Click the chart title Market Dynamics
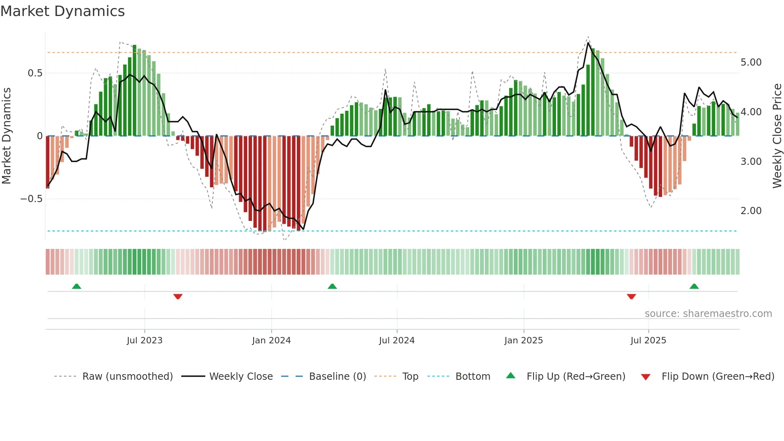[62, 11]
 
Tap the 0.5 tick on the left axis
[35, 73]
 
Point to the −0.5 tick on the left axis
[31, 199]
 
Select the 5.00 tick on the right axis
[751, 62]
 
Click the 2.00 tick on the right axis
[751, 211]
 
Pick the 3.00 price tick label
[751, 162]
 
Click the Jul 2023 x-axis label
[144, 341]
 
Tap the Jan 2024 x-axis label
[271, 341]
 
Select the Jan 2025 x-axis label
[523, 341]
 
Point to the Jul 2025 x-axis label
[648, 341]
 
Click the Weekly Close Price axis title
[777, 136]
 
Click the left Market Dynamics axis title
[6, 136]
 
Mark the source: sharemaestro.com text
[708, 314]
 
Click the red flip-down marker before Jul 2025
[631, 297]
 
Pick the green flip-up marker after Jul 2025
[694, 286]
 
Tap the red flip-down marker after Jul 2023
[178, 297]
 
